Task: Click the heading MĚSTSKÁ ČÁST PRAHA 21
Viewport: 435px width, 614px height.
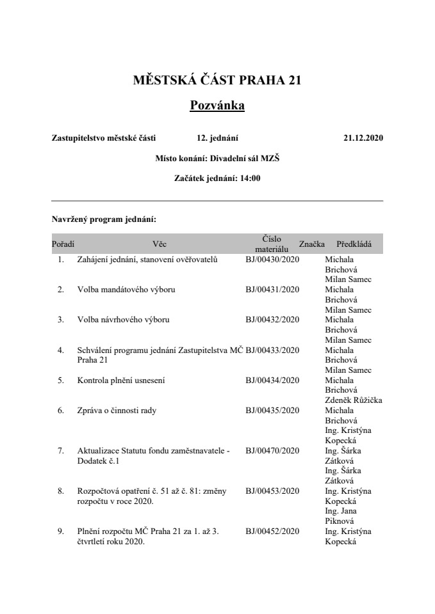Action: click(217, 81)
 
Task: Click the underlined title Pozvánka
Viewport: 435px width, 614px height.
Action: click(217, 105)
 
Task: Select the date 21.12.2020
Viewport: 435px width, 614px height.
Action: click(363, 138)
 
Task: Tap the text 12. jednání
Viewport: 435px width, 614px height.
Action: click(218, 138)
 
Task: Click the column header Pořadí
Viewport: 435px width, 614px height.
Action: click(63, 244)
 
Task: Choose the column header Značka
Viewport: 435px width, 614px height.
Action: click(312, 244)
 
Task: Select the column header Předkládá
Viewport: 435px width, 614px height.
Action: click(354, 244)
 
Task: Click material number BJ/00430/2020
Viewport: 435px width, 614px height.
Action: click(272, 260)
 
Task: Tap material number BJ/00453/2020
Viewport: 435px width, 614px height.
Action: click(272, 491)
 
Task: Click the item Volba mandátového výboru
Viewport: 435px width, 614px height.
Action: click(126, 290)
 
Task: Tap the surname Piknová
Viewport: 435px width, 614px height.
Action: click(341, 521)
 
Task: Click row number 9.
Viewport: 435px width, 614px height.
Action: click(61, 531)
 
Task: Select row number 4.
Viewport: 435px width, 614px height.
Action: click(61, 350)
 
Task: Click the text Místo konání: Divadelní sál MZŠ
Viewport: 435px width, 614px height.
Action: click(217, 158)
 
